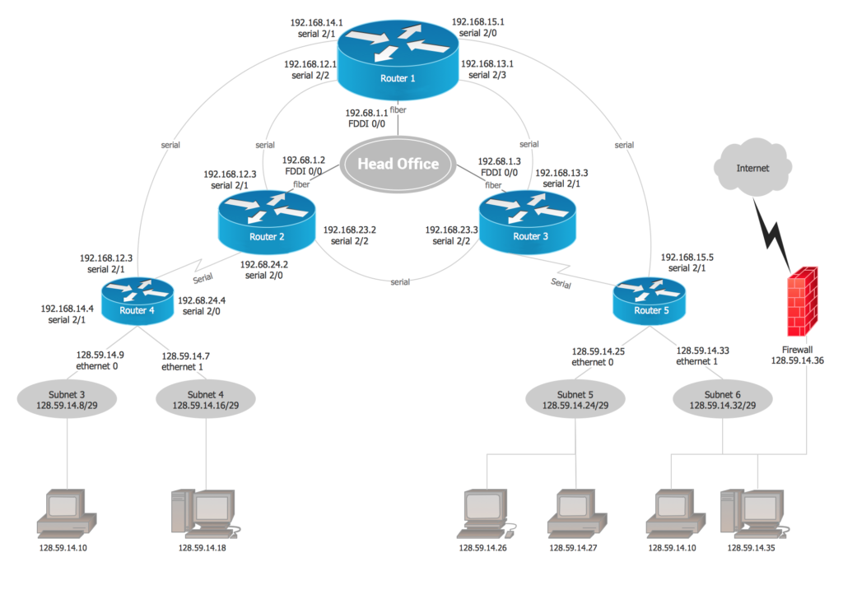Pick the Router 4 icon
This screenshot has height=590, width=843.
point(137,300)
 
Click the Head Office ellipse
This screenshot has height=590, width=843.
point(398,163)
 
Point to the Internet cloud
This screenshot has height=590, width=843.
point(752,169)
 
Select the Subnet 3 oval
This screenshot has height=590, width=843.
point(67,399)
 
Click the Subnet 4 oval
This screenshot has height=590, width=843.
point(205,399)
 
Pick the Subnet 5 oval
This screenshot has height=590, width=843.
point(575,399)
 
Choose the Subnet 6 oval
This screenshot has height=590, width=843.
point(722,399)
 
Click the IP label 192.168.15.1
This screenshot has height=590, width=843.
point(478,22)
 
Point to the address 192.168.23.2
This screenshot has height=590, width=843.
point(350,230)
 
